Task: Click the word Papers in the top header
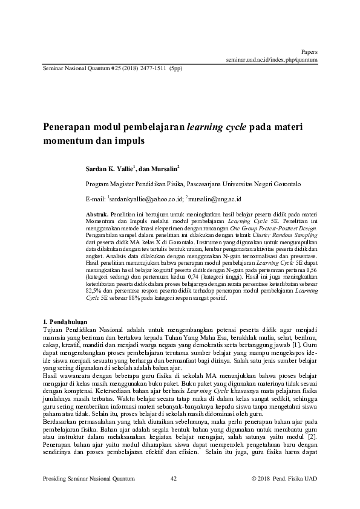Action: [x=310, y=53]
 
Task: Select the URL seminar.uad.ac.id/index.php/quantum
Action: [x=272, y=60]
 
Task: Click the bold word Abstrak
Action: [x=97, y=215]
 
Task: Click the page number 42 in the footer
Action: [x=174, y=479]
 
